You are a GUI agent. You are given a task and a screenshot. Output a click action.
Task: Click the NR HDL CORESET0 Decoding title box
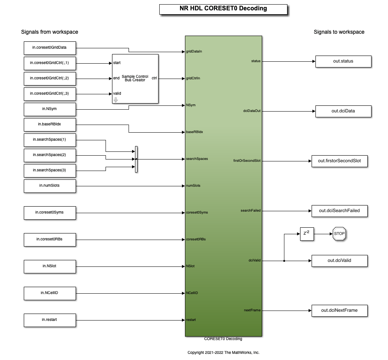(x=223, y=9)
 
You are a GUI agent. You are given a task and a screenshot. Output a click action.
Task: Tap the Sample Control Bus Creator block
(x=135, y=79)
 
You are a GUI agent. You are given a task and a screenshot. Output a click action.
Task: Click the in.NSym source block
(x=50, y=109)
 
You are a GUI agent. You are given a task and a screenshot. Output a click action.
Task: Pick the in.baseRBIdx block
(x=50, y=124)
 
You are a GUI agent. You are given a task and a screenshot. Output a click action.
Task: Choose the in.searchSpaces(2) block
(x=50, y=155)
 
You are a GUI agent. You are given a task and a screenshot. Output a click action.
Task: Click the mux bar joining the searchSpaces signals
(x=136, y=159)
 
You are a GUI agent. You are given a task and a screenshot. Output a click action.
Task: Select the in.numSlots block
(x=50, y=186)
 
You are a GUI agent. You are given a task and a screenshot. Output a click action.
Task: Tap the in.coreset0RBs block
(x=50, y=239)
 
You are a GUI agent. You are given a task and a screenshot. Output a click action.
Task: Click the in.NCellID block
(x=50, y=293)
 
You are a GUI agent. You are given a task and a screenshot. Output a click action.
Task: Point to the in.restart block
(x=50, y=320)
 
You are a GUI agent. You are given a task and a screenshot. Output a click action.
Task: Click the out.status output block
(x=343, y=61)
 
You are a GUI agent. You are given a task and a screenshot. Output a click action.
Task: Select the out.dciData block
(x=343, y=111)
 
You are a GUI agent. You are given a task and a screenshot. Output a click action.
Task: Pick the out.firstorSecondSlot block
(x=339, y=161)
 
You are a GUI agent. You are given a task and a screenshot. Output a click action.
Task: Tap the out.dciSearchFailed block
(x=339, y=211)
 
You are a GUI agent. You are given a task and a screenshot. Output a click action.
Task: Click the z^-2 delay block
(x=306, y=234)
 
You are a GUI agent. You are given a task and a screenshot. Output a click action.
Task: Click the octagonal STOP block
(x=339, y=234)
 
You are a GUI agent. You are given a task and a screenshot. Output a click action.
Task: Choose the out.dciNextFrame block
(x=339, y=311)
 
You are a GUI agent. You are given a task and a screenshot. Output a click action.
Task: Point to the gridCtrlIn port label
(x=193, y=78)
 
